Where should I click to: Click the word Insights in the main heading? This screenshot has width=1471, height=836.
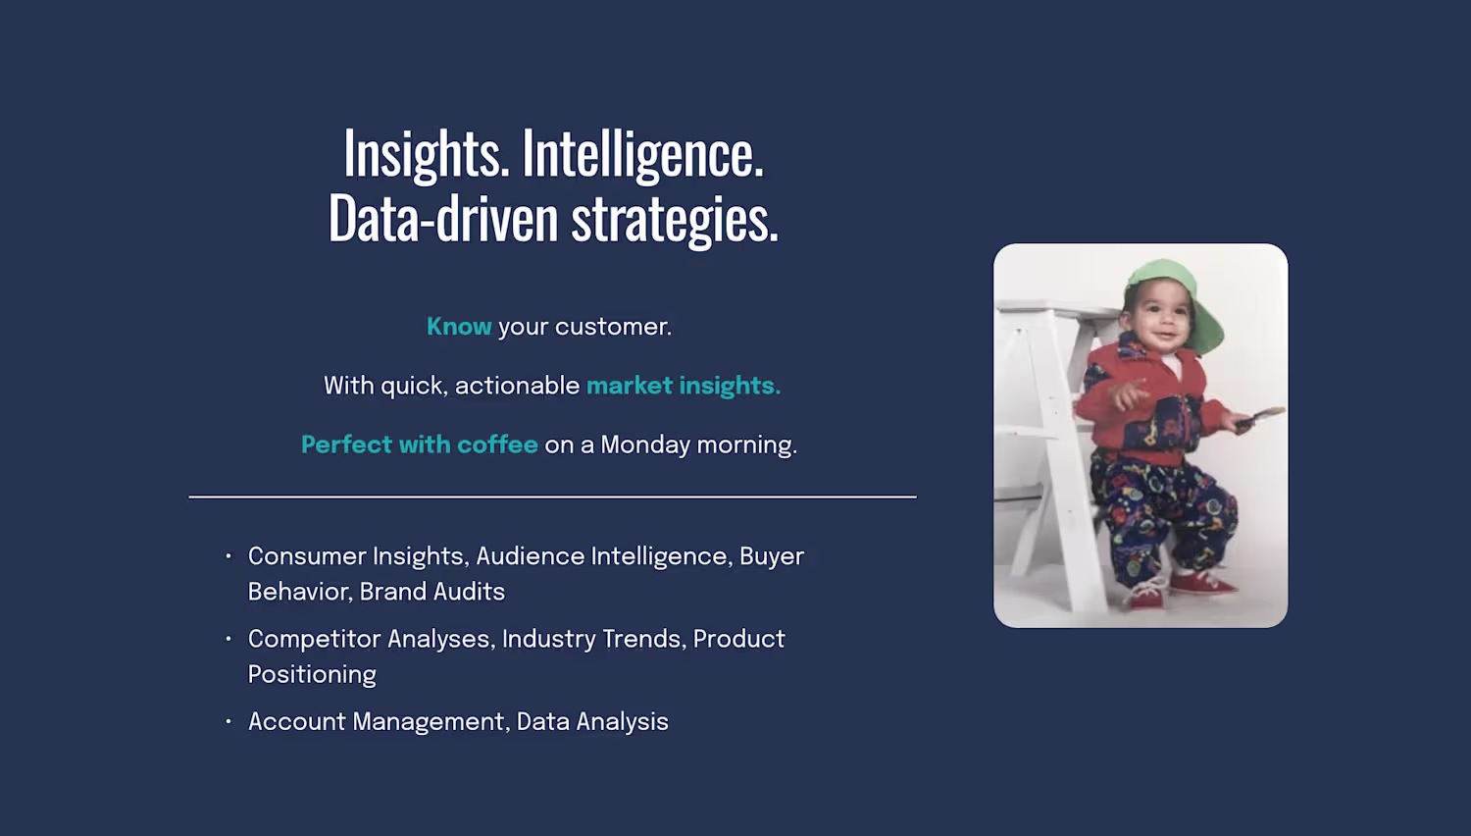point(427,154)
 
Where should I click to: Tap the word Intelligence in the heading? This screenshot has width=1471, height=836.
point(643,154)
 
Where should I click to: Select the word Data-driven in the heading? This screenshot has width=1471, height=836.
point(443,218)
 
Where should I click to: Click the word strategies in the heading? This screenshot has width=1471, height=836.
point(675,220)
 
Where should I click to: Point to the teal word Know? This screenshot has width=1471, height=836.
point(459,327)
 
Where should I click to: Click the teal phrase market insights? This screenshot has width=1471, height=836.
point(684,386)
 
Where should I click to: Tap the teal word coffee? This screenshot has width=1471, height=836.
point(498,444)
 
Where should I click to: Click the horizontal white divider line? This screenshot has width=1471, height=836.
point(552,496)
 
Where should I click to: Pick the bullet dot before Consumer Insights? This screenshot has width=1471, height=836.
point(228,556)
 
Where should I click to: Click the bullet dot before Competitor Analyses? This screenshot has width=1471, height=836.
point(228,638)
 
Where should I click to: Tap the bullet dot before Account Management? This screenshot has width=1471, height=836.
point(228,721)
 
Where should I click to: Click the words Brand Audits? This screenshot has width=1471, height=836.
point(432,592)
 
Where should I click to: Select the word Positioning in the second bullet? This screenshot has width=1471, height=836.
point(312,675)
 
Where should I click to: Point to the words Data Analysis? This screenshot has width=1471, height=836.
point(592,721)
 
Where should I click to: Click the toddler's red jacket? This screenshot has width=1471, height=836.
point(1146,401)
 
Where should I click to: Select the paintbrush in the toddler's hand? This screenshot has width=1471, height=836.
point(1259,419)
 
